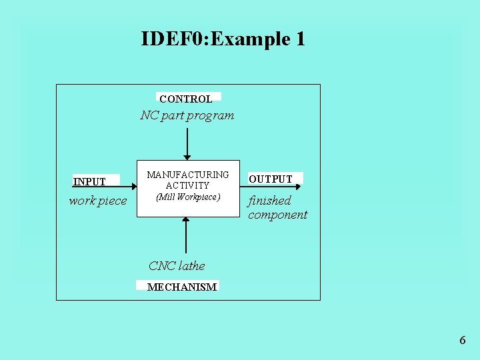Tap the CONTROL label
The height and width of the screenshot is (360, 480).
186,99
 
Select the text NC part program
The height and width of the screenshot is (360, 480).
187,115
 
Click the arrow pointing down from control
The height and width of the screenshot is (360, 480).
187,143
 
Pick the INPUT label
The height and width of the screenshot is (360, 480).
89,181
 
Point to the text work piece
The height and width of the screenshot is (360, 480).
98,201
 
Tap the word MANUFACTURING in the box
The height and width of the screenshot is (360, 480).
188,175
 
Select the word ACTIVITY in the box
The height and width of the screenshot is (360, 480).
188,185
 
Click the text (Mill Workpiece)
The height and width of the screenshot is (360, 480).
188,197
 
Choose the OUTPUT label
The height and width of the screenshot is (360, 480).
271,179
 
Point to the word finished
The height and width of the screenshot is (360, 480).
270,201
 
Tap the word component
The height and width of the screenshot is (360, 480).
278,215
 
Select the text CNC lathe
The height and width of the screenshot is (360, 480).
177,266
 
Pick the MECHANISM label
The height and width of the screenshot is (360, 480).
181,287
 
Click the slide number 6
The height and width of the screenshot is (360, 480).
463,341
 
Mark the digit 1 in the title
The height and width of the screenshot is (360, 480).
299,39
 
